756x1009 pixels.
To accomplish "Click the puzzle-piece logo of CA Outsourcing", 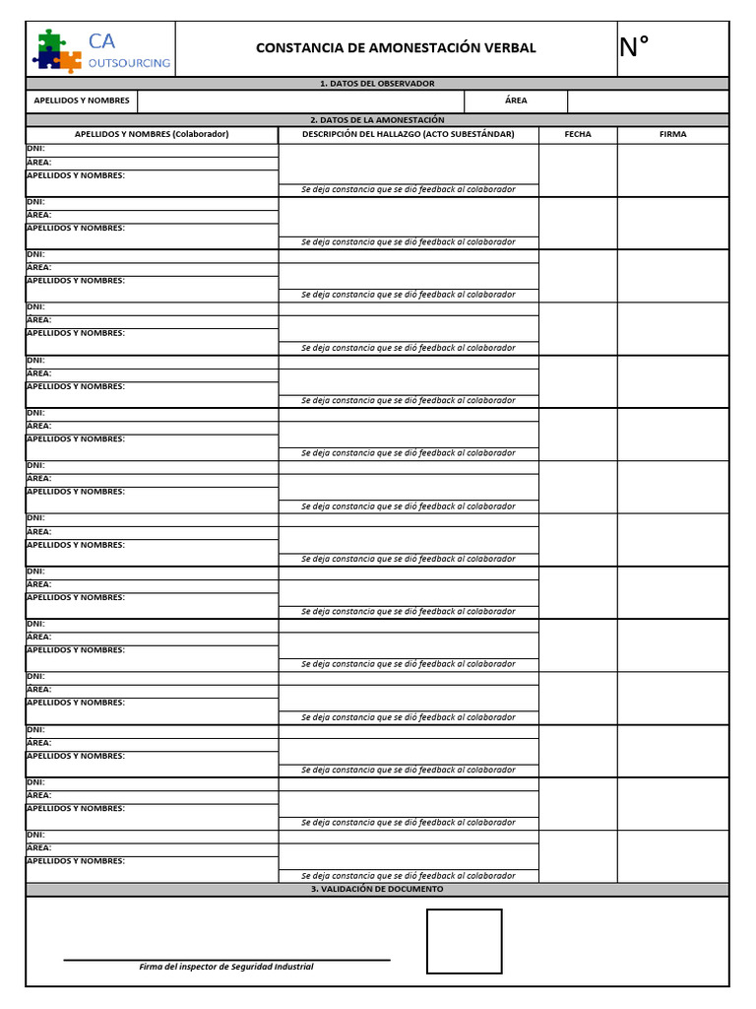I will (57, 50).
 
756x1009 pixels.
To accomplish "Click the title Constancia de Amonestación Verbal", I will (396, 48).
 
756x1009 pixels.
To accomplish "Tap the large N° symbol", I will (635, 46).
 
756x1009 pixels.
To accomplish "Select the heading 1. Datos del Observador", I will (377, 84).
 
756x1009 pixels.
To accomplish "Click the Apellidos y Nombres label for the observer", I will (82, 101).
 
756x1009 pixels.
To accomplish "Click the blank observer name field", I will (300, 101).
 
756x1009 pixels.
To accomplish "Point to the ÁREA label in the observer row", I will (516, 101).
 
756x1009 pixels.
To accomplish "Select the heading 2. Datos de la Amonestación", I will (377, 120).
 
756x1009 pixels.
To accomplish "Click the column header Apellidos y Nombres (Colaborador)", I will (152, 134).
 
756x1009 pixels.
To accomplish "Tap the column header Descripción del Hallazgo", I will (408, 134).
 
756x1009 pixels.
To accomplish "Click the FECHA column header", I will (578, 134).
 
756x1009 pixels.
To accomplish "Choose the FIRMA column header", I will (673, 134).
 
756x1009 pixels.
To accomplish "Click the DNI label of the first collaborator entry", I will (36, 149).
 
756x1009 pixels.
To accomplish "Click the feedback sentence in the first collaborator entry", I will (408, 189).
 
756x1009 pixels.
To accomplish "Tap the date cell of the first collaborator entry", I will (578, 169).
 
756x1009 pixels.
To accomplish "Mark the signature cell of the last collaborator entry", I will (673, 855).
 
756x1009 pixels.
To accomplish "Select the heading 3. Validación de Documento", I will (377, 889).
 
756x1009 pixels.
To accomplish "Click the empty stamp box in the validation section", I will (464, 941).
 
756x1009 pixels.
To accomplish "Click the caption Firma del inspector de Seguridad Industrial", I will (226, 967).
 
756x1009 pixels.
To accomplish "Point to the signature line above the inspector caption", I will (226, 959).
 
